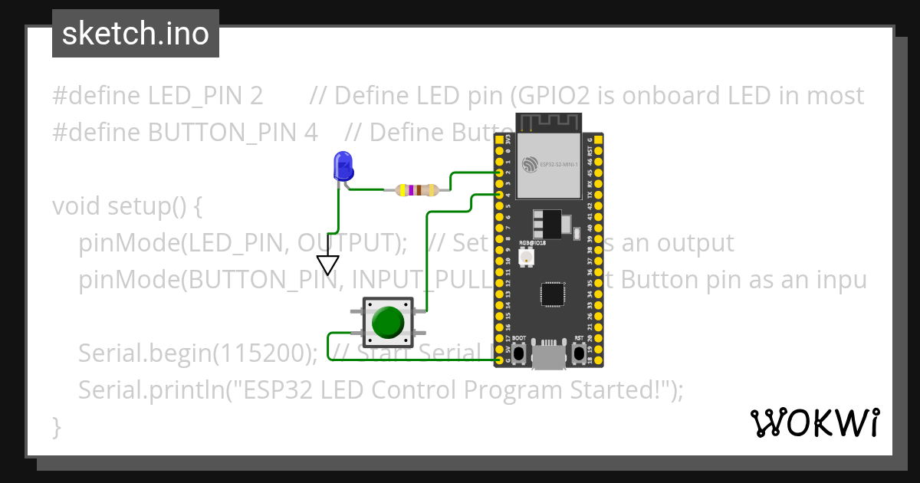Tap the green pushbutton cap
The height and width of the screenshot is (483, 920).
click(388, 323)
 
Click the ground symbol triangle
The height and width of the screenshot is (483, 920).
click(328, 264)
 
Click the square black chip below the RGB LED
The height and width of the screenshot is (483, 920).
click(551, 294)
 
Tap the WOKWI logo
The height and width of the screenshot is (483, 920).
click(814, 422)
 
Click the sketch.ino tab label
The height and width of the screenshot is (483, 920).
click(136, 34)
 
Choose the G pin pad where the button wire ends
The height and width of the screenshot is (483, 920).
click(499, 360)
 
